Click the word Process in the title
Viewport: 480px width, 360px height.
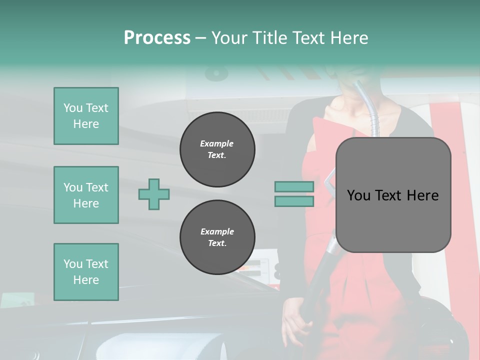157,38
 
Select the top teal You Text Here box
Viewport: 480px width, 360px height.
86,116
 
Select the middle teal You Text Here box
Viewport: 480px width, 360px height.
86,195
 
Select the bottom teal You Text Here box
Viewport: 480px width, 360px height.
86,272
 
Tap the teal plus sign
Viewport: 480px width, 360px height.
154,194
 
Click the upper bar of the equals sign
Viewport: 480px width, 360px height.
294,186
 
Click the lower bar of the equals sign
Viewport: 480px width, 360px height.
294,201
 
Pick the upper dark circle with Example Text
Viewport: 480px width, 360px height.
217,149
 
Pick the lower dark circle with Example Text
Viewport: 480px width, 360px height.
217,237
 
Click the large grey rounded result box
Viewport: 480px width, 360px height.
393,220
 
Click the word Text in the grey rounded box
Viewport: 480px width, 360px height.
388,195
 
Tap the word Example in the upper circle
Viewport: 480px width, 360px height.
217,143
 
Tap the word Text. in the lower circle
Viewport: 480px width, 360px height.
217,243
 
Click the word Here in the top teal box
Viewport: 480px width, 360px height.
86,124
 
